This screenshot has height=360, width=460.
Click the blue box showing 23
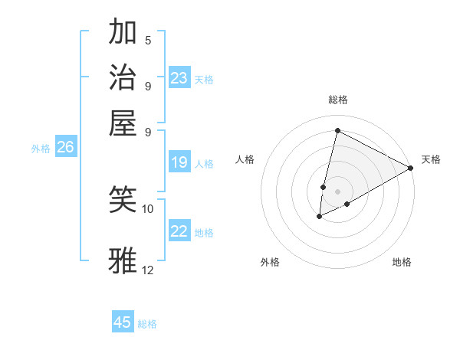[179, 78]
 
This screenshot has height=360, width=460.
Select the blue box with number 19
[179, 162]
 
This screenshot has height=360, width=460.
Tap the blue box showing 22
[179, 231]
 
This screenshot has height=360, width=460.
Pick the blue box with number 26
[65, 147]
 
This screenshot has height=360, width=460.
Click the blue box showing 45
[123, 322]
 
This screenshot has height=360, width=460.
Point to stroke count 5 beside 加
[148, 41]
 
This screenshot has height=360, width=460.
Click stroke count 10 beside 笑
[148, 208]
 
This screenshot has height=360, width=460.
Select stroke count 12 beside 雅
[148, 270]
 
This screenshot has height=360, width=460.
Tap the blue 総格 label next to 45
[147, 324]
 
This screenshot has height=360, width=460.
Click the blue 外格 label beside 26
[41, 149]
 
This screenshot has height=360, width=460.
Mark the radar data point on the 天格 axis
[412, 169]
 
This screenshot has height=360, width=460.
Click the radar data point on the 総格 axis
[337, 131]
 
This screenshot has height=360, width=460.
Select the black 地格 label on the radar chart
[402, 263]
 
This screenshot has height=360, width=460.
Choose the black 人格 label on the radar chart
[245, 159]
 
